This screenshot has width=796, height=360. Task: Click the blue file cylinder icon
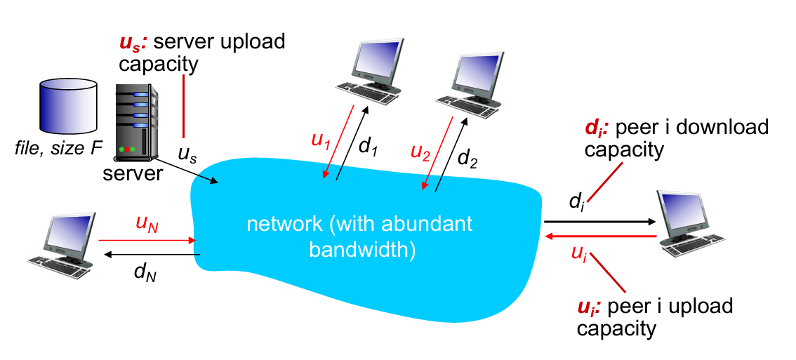[67, 106]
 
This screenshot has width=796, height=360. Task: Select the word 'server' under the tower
[133, 172]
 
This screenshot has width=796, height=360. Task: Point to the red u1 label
[319, 140]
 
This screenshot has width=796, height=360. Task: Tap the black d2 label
[467, 157]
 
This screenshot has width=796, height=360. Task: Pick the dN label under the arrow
[145, 271]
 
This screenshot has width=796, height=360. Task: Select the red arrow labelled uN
[147, 241]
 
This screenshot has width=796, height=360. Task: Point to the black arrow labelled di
[599, 221]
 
